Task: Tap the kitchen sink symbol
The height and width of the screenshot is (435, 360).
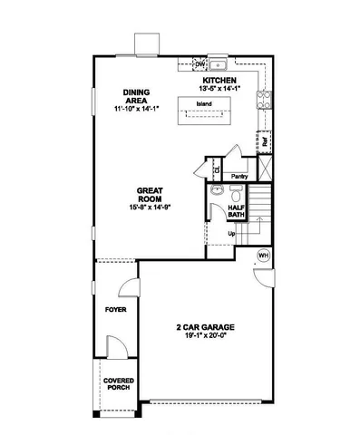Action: (220, 65)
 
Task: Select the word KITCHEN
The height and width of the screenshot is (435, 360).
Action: (219, 80)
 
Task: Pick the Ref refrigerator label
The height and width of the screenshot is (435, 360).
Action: (265, 141)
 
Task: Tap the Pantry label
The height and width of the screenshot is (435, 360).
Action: (240, 176)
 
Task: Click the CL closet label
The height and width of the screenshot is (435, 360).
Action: (217, 168)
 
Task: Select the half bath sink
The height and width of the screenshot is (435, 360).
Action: (217, 193)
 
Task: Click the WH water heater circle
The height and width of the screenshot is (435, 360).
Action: (264, 256)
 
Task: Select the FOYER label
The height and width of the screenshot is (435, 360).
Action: (115, 309)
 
